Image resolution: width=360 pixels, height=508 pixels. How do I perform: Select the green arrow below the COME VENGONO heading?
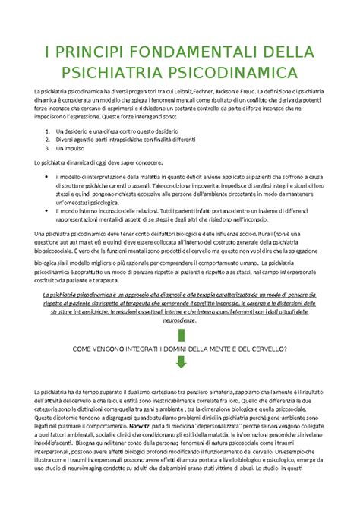(x=180, y=364)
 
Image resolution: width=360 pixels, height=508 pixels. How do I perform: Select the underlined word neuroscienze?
(x=181, y=320)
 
